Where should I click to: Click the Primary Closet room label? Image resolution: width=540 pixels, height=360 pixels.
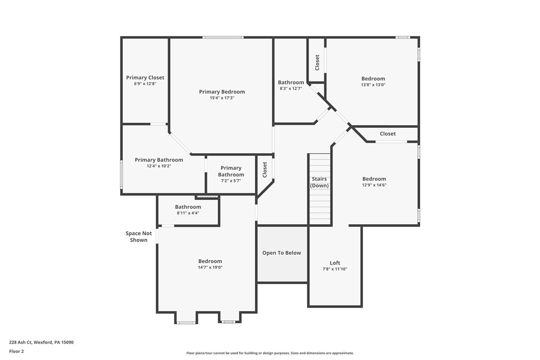click(x=145, y=78)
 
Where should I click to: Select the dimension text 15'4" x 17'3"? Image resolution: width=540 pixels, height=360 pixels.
click(x=222, y=98)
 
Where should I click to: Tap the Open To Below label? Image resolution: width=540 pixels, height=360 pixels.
click(x=281, y=253)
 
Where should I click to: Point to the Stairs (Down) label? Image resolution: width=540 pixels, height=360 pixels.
click(x=319, y=182)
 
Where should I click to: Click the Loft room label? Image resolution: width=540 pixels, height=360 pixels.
click(x=335, y=263)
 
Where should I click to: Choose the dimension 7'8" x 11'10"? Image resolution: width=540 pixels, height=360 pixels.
click(x=335, y=269)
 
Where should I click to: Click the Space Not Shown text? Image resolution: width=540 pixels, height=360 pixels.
click(x=139, y=237)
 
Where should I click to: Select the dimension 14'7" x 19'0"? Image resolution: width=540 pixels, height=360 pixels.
click(x=210, y=267)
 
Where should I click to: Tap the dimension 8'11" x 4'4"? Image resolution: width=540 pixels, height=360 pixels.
click(x=187, y=213)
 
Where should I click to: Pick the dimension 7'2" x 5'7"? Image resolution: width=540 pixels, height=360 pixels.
click(x=231, y=180)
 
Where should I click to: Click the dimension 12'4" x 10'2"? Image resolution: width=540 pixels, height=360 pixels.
click(x=159, y=166)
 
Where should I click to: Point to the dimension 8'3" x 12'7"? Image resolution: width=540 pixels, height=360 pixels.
click(x=290, y=89)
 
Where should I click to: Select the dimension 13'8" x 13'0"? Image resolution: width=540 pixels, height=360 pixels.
click(x=373, y=85)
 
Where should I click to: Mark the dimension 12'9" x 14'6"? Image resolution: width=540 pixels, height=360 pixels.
click(x=374, y=185)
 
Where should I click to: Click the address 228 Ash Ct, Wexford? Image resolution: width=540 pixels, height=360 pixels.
click(x=41, y=342)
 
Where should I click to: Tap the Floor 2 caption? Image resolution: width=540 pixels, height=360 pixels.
click(x=16, y=351)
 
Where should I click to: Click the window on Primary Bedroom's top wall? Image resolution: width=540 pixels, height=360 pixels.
click(x=223, y=37)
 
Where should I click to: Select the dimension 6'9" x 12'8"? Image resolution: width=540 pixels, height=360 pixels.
click(x=145, y=84)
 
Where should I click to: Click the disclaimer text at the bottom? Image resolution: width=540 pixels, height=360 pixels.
click(x=270, y=353)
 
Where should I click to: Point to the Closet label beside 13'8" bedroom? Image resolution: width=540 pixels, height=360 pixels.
click(x=317, y=62)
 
